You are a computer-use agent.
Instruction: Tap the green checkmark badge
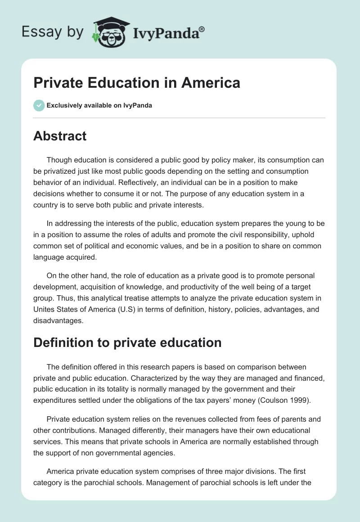pyautogui.click(x=39, y=105)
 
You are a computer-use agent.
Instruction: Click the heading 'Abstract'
pyautogui.click(x=60, y=136)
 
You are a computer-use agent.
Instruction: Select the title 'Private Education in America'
pyautogui.click(x=136, y=83)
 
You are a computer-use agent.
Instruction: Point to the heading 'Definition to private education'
pyautogui.click(x=127, y=342)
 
